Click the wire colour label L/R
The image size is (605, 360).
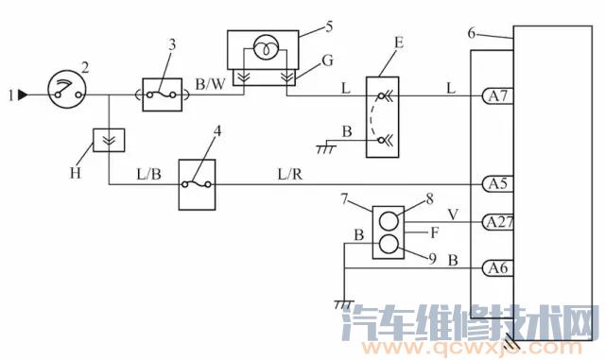[289, 173]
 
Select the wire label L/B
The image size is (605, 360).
[148, 174]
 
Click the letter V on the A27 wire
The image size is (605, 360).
[453, 214]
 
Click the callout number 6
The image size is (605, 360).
[472, 33]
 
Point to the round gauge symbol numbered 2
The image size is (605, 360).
[64, 94]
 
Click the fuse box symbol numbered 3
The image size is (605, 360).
[161, 94]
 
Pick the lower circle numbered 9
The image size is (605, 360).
[389, 246]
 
